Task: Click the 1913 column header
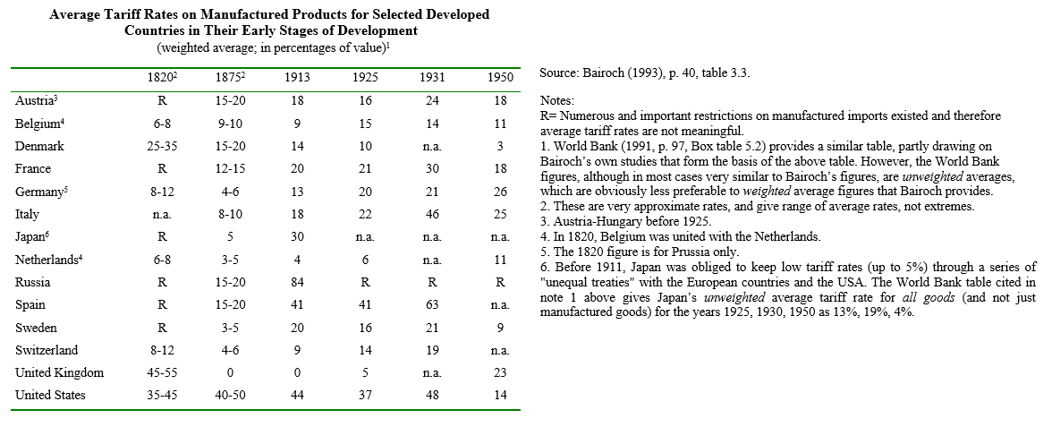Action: [x=297, y=78]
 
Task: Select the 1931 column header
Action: [x=432, y=78]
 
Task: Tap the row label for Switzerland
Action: [x=47, y=350]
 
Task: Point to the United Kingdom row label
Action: [x=60, y=372]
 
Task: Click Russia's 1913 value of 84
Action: [x=297, y=282]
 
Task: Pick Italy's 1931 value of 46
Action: [x=432, y=214]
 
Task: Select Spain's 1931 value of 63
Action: [x=432, y=304]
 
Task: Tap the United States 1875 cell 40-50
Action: [x=230, y=395]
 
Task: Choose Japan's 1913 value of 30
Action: [x=297, y=236]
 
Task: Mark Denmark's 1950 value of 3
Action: [x=501, y=146]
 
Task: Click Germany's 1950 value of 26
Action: [x=501, y=192]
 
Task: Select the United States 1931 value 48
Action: [x=432, y=395]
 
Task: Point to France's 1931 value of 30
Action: [x=432, y=168]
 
